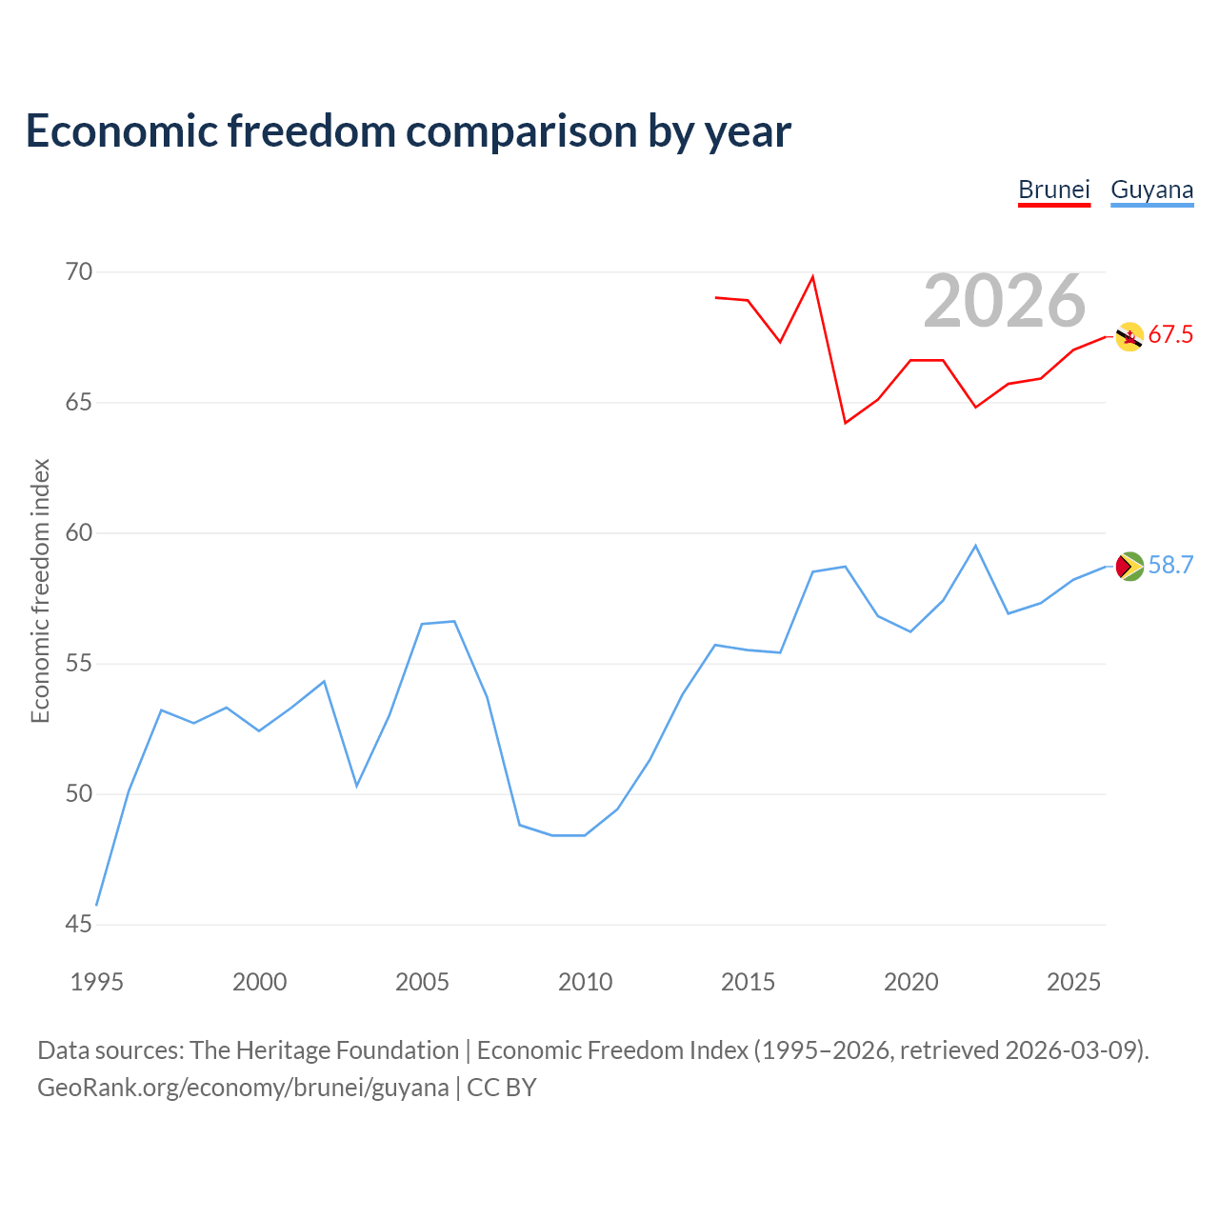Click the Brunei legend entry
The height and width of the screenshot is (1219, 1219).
(1053, 190)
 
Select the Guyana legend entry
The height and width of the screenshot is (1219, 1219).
(1151, 190)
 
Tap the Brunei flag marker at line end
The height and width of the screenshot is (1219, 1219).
(1129, 336)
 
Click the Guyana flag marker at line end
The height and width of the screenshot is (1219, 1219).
(1129, 566)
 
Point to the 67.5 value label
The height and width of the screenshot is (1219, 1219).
(1170, 335)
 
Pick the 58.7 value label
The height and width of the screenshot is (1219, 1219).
(1170, 566)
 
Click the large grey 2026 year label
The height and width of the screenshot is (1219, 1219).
(1004, 301)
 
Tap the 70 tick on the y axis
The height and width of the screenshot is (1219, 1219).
(79, 272)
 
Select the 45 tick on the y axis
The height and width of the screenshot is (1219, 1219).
(79, 925)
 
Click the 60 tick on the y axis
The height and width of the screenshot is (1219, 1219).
(79, 533)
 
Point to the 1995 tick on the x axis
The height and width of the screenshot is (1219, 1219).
(97, 982)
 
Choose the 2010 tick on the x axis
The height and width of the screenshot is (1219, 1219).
(585, 982)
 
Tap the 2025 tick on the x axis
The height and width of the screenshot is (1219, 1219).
(1073, 982)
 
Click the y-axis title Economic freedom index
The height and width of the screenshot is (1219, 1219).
(40, 590)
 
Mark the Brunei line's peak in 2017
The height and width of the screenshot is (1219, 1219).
(812, 277)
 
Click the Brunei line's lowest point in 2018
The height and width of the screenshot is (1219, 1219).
(845, 423)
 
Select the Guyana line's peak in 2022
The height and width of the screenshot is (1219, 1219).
(975, 546)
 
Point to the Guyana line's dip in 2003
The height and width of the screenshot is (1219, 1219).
(356, 786)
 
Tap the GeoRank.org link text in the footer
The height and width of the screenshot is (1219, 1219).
(243, 1088)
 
